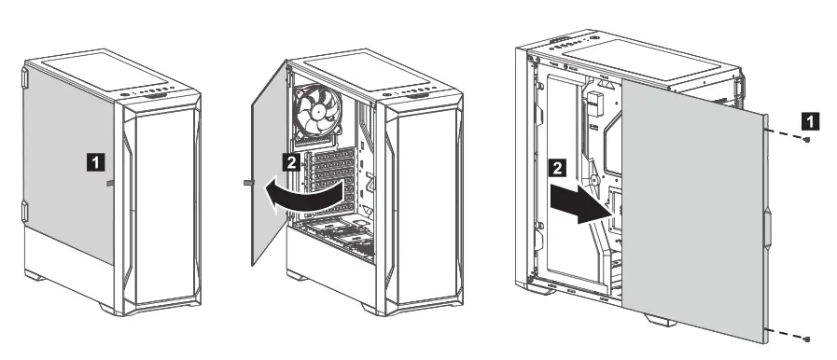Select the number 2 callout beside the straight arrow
pyautogui.click(x=557, y=169)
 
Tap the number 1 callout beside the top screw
pyautogui.click(x=813, y=119)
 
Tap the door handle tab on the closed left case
pyautogui.click(x=110, y=184)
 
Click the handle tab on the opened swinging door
pyautogui.click(x=248, y=180)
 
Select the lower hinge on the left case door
pyautogui.click(x=25, y=214)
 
